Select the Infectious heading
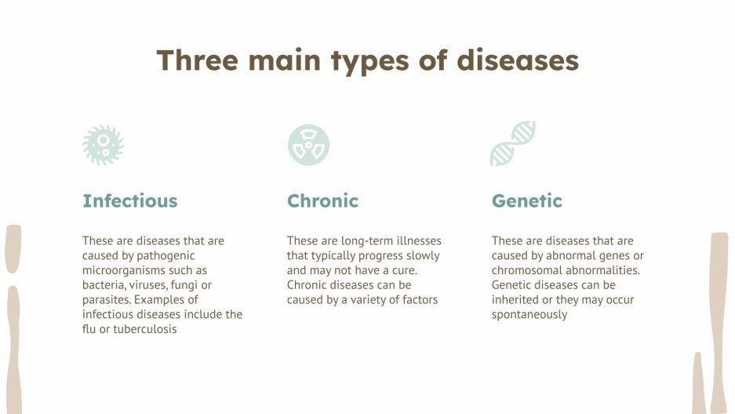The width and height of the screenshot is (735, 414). tap(130, 201)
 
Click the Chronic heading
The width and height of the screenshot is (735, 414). tap(322, 201)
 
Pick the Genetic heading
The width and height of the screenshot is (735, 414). tap(527, 201)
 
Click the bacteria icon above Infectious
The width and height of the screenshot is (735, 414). tap(104, 145)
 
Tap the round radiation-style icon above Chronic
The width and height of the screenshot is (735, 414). tap(308, 145)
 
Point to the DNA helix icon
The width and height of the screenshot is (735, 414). tap(513, 144)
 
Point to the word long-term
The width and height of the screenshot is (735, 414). tap(368, 241)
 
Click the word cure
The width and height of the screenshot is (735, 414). tap(402, 270)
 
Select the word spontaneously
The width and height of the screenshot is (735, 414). tap(529, 314)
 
